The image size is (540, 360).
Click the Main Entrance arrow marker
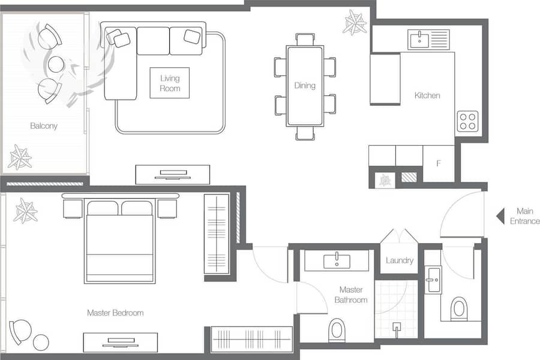[x=500, y=217]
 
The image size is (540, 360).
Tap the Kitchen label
[x=427, y=95]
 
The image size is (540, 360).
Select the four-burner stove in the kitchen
[x=467, y=121]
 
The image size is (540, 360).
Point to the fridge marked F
[x=439, y=163]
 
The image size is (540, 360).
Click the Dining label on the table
[x=305, y=85]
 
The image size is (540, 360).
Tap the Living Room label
[x=170, y=83]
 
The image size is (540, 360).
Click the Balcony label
[x=44, y=126]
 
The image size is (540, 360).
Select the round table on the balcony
[x=56, y=64]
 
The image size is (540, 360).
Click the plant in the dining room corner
[x=355, y=22]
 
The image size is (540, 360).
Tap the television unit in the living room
[x=173, y=175]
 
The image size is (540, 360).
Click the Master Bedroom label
[x=115, y=313]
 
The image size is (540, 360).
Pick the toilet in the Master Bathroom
[x=337, y=329]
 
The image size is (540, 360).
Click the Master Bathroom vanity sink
[x=337, y=261]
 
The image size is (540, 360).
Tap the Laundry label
[x=400, y=260]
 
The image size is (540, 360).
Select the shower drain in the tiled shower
[x=397, y=327]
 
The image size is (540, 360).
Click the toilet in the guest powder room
[x=459, y=308]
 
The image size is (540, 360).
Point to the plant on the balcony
[x=20, y=157]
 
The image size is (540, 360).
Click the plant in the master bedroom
[x=25, y=211]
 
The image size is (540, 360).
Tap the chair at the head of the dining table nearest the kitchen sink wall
[x=305, y=39]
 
